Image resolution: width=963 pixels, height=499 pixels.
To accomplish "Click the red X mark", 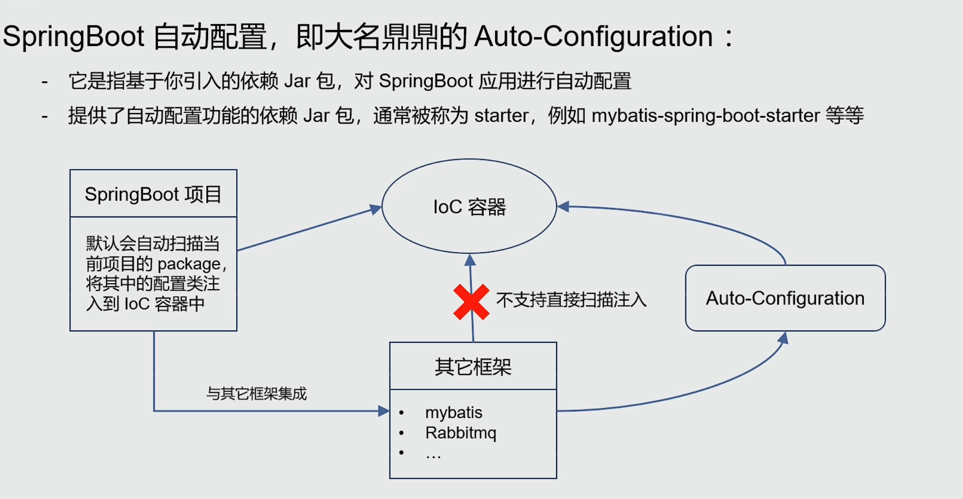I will tap(471, 302).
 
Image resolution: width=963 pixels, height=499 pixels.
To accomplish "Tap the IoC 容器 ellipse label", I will tap(469, 207).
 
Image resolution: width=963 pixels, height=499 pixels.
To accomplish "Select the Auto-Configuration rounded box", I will tap(785, 298).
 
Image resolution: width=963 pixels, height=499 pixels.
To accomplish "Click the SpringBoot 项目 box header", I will tap(153, 194).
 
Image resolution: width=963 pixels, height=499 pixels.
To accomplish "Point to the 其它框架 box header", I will tap(473, 367).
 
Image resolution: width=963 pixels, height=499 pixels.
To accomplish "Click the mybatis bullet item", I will tap(453, 412).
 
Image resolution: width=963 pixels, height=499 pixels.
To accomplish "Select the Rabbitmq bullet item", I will tap(460, 432).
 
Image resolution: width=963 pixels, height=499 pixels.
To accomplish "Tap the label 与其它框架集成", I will tap(256, 393).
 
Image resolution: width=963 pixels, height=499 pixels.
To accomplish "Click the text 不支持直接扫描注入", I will tap(571, 299).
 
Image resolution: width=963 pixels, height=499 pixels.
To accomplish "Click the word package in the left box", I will tap(189, 264).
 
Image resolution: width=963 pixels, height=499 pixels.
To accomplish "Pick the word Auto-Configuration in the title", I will tap(593, 36).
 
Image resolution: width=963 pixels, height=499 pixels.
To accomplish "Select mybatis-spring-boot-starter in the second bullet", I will tap(706, 115).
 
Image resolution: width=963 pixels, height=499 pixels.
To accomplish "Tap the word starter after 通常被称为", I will tap(501, 115).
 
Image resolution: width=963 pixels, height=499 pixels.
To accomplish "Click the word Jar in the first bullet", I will tap(297, 81).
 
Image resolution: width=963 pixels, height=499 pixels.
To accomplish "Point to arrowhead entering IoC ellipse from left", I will tap(376, 209).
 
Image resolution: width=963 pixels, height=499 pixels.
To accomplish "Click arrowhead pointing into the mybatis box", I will tap(383, 411).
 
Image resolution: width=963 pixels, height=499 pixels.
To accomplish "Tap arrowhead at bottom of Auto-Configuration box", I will tap(783, 338).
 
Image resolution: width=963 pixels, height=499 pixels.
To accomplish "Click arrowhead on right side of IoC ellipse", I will tap(563, 206).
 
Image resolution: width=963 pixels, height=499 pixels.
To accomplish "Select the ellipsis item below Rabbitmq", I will tap(433, 453).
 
